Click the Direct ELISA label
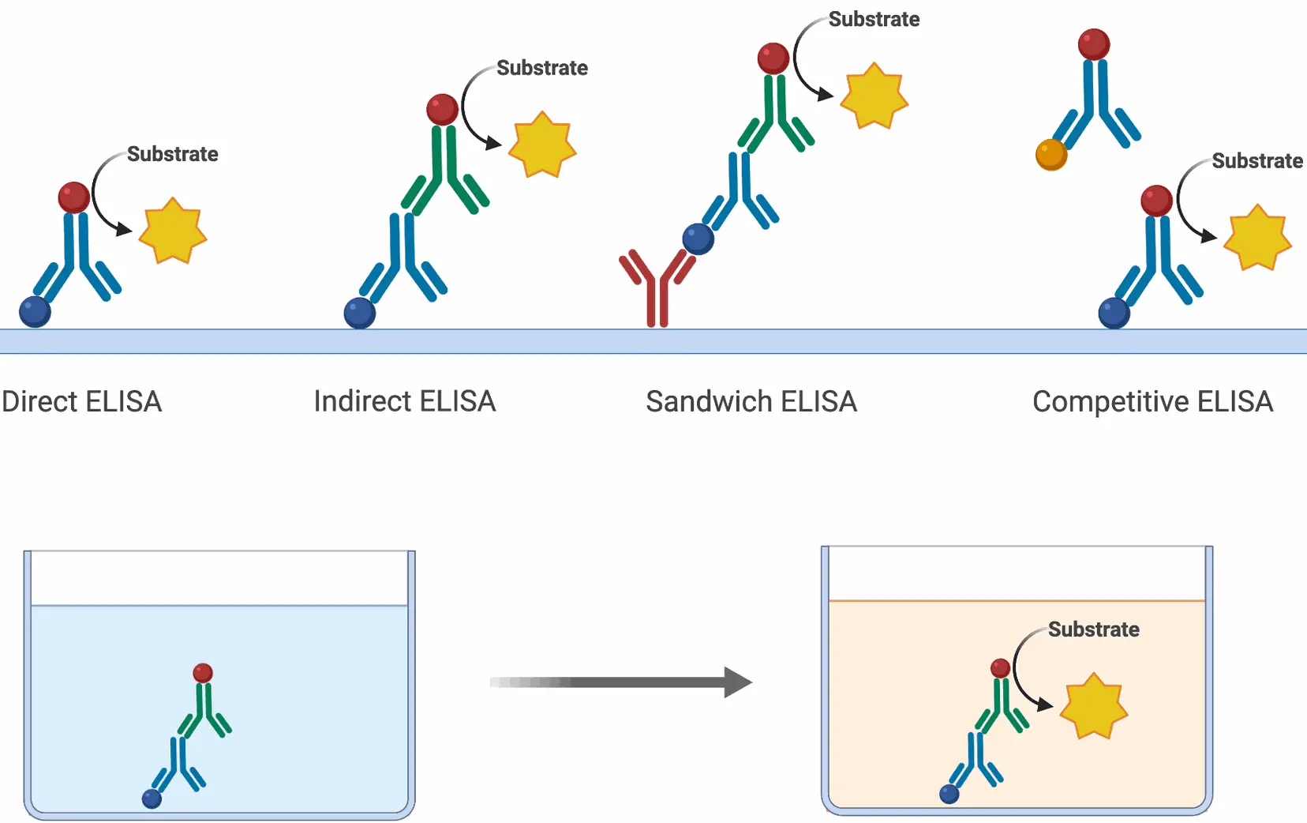pyautogui.click(x=82, y=402)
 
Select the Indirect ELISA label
pyautogui.click(x=405, y=401)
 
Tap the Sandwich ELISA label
pyautogui.click(x=751, y=402)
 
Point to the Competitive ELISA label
pyautogui.click(x=1153, y=402)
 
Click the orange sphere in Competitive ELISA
pyautogui.click(x=1051, y=155)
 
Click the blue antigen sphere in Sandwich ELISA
pyautogui.click(x=698, y=239)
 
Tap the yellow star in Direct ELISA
pyautogui.click(x=173, y=231)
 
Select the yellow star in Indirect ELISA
pyautogui.click(x=543, y=145)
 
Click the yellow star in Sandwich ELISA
pyautogui.click(x=874, y=96)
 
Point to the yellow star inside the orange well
pyautogui.click(x=1093, y=706)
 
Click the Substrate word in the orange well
pyautogui.click(x=1093, y=629)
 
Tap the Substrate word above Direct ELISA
pyautogui.click(x=173, y=154)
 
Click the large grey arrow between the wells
pyautogui.click(x=621, y=682)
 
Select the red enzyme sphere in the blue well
pyautogui.click(x=203, y=673)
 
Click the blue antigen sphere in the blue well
pyautogui.click(x=152, y=799)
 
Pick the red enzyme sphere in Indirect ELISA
pyautogui.click(x=442, y=109)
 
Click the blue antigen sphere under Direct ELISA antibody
pyautogui.click(x=35, y=312)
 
